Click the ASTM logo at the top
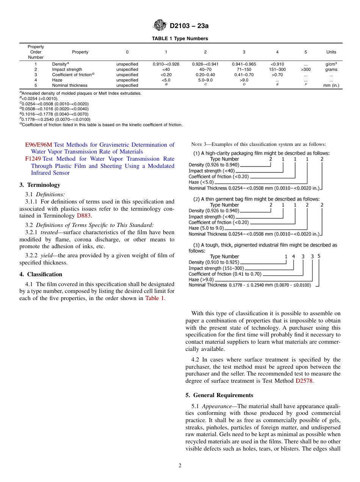[159, 26]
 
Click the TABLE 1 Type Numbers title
[180, 39]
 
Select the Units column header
[331, 52]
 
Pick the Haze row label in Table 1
[57, 80]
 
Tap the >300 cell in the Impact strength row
[305, 69]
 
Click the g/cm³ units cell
[331, 64]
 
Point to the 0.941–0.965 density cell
[244, 64]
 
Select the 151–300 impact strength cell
[277, 69]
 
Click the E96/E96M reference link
[39, 145]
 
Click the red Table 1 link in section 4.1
[155, 298]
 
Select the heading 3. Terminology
[39, 185]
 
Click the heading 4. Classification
[41, 274]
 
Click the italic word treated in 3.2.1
[49, 232]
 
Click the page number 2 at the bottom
[180, 466]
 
